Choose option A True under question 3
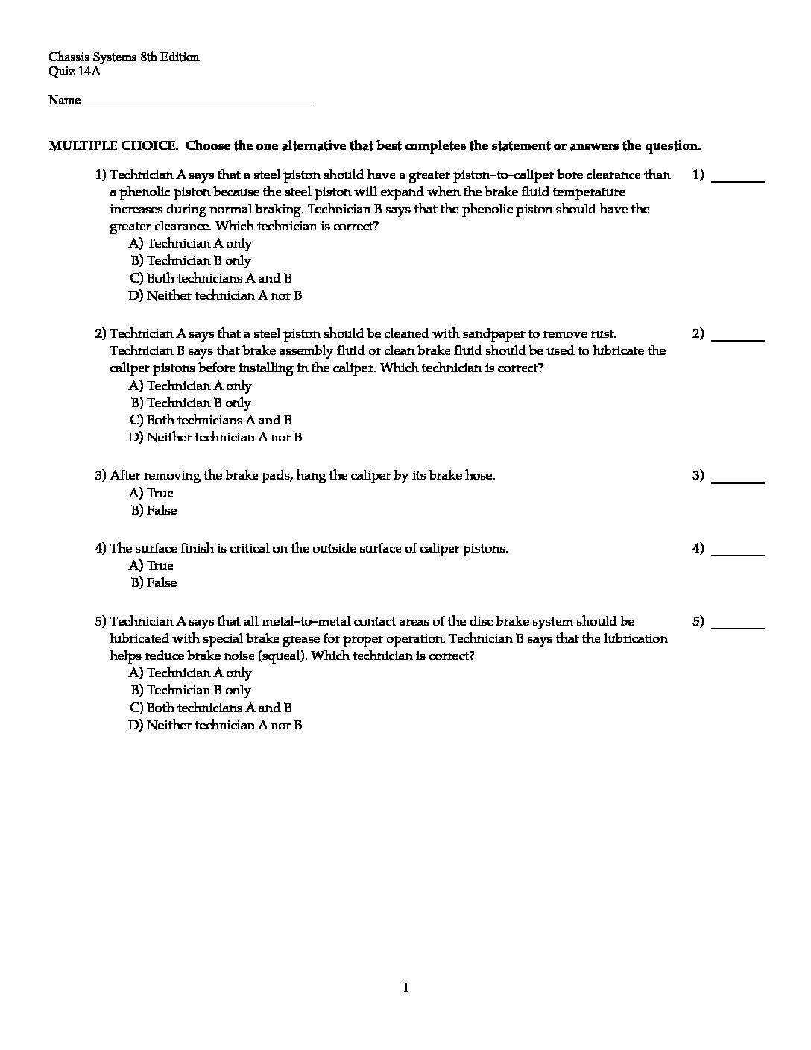tap(151, 493)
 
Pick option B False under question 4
tap(154, 582)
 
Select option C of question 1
tap(211, 278)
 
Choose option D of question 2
tap(215, 437)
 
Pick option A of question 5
tap(191, 673)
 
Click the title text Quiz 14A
tap(75, 72)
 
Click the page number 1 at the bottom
tap(405, 988)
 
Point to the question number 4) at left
tap(101, 548)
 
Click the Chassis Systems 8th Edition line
tap(124, 57)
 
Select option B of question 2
tap(192, 403)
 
